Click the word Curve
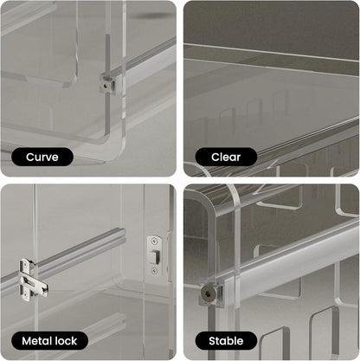click(x=42, y=157)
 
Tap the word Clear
click(x=226, y=157)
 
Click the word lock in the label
click(x=65, y=340)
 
